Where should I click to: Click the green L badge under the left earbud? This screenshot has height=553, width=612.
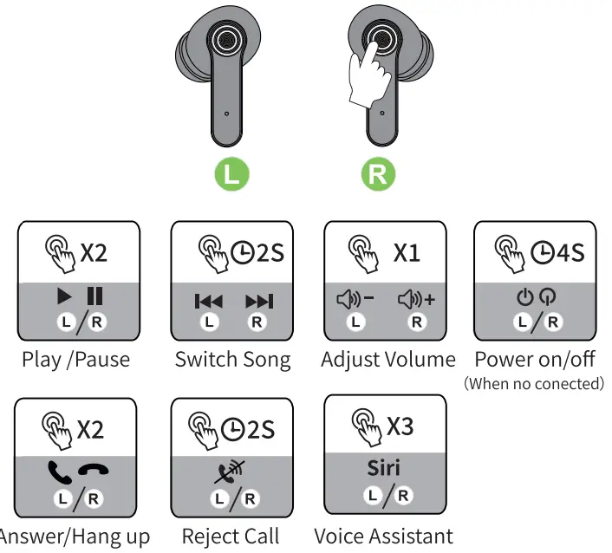point(231,173)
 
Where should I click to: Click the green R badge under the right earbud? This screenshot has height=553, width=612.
point(378,173)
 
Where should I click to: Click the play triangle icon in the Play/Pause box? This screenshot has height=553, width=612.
point(65,296)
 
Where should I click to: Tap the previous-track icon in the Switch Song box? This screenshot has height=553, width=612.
point(208,302)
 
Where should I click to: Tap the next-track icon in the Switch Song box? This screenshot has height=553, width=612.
point(258,302)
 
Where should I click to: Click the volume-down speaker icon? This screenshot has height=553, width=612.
point(355,300)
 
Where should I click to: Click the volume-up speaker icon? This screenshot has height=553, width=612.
point(416,300)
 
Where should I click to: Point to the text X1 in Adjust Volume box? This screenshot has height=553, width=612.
point(406,253)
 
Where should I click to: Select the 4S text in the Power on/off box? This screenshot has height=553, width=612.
point(570,253)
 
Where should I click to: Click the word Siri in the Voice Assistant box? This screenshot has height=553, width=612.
point(383,468)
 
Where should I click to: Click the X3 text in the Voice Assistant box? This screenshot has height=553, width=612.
point(400,426)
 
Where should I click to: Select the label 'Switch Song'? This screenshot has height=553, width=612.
point(232,359)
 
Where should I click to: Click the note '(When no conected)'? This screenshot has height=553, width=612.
point(534,383)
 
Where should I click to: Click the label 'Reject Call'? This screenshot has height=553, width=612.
point(231,537)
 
